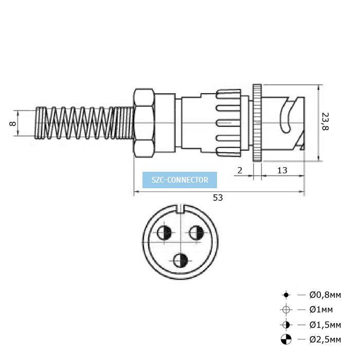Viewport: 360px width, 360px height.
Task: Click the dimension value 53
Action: tap(218, 197)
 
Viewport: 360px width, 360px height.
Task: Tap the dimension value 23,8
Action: tap(325, 121)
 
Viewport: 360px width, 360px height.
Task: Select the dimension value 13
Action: tap(282, 170)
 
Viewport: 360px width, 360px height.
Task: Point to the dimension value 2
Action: tap(240, 170)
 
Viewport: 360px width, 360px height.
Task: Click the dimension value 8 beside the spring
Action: tap(12, 123)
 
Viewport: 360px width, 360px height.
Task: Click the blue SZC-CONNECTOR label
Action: tap(179, 180)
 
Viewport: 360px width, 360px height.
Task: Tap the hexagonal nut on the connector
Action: tap(144, 123)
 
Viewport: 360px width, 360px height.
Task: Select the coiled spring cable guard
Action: tap(84, 123)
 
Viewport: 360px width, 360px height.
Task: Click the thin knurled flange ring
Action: tap(257, 123)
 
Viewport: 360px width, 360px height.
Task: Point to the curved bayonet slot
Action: tap(285, 117)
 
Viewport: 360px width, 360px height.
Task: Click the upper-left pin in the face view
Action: tap(164, 233)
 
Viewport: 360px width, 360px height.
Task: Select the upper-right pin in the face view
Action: tap(196, 233)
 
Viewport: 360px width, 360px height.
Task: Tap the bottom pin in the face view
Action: tap(181, 261)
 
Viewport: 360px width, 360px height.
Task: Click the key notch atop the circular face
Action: tap(181, 208)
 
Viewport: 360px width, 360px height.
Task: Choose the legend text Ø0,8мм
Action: tap(325, 295)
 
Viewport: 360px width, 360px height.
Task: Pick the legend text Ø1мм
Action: tap(321, 310)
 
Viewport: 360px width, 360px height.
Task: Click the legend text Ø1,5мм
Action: tap(325, 325)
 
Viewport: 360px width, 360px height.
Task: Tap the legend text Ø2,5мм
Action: tap(325, 339)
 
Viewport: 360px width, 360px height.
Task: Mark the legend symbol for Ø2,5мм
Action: tap(286, 339)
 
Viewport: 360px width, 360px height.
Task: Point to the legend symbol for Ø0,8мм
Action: tap(286, 295)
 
